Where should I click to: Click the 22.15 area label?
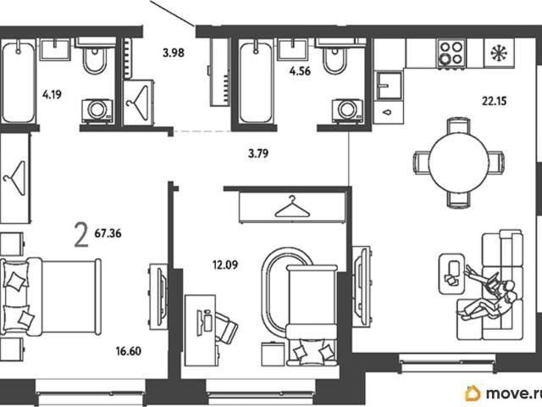495,101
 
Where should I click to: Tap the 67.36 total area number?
108,233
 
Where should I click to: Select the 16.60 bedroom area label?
128,351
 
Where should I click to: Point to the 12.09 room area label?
225,265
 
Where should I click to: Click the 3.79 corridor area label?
258,153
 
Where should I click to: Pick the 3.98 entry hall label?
174,53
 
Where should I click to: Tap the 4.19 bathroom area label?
52,94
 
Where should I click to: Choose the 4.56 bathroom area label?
300,71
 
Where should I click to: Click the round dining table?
458,162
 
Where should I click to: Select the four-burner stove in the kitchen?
451,53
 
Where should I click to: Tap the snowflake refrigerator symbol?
500,53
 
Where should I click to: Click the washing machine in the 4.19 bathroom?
97,111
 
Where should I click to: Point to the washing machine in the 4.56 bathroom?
347,111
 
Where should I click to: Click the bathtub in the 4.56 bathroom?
256,81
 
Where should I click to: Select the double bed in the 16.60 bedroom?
51,297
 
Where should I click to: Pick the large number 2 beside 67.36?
81,235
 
